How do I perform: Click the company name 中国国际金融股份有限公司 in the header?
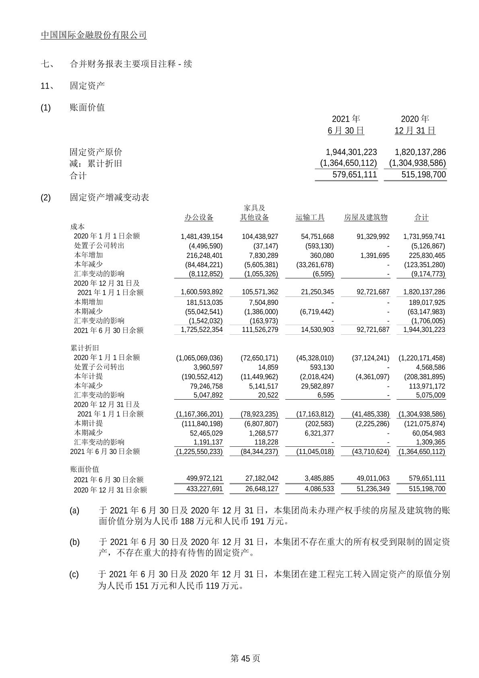tap(94, 35)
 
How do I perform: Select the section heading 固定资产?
tap(87, 85)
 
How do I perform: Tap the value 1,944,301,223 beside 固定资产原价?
tap(351, 152)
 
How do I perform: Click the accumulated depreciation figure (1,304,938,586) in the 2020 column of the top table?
tap(417, 163)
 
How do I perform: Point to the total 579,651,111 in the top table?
tap(355, 174)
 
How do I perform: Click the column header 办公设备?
tap(199, 218)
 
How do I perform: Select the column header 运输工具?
tap(310, 218)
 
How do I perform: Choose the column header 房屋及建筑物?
tap(365, 218)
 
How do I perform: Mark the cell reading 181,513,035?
tap(205, 303)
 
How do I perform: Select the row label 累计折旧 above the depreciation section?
tap(85, 348)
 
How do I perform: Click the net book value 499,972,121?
tap(204, 478)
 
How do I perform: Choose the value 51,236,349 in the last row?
tap(373, 489)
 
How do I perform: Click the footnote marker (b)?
tap(75, 542)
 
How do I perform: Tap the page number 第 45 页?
tap(245, 659)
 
